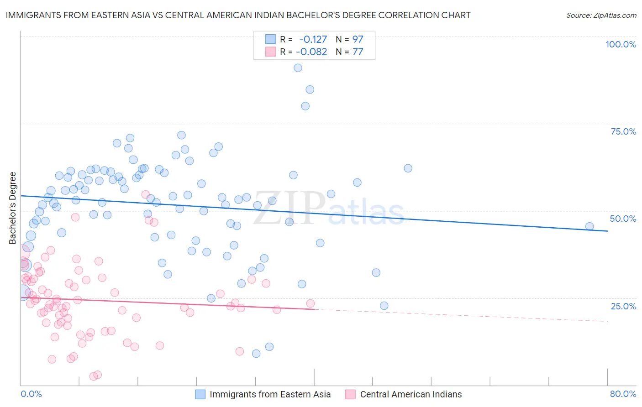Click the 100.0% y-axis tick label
(x=621, y=44)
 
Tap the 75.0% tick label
(x=623, y=131)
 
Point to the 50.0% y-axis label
(x=623, y=219)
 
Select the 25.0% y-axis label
(x=623, y=306)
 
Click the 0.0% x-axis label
(x=31, y=394)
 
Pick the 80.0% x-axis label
(x=623, y=394)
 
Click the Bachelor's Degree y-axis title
(x=13, y=208)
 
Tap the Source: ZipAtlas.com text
(x=601, y=16)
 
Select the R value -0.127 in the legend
(x=313, y=39)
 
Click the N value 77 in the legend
(x=358, y=52)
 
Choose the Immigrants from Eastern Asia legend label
(x=270, y=394)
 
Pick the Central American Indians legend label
(x=410, y=394)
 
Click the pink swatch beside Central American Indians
(x=350, y=394)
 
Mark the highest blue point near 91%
(x=298, y=68)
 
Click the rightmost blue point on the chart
(x=589, y=226)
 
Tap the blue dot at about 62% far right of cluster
(x=408, y=168)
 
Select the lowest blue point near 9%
(x=256, y=354)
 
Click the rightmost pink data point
(x=310, y=303)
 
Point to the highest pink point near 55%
(x=146, y=194)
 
